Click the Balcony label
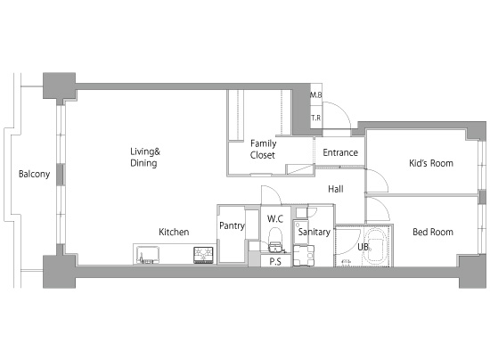pyautogui.click(x=35, y=174)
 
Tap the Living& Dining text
pyautogui.click(x=145, y=157)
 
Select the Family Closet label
pyautogui.click(x=263, y=150)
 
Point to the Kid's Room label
pyautogui.click(x=431, y=163)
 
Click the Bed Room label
pyautogui.click(x=433, y=232)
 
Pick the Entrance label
pyautogui.click(x=340, y=152)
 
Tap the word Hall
pyautogui.click(x=336, y=189)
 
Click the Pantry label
pyautogui.click(x=232, y=225)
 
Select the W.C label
pyautogui.click(x=275, y=218)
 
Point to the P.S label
pyautogui.click(x=275, y=261)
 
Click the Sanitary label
pyautogui.click(x=314, y=232)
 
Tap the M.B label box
pyautogui.click(x=316, y=94)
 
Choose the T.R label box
pyautogui.click(x=316, y=118)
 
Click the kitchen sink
pyautogui.click(x=148, y=255)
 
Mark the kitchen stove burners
pyautogui.click(x=203, y=255)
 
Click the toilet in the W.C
pyautogui.click(x=275, y=240)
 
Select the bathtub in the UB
pyautogui.click(x=376, y=247)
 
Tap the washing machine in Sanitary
pyautogui.click(x=304, y=256)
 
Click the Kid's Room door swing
pyautogui.click(x=377, y=180)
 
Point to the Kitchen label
pyautogui.click(x=174, y=232)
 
